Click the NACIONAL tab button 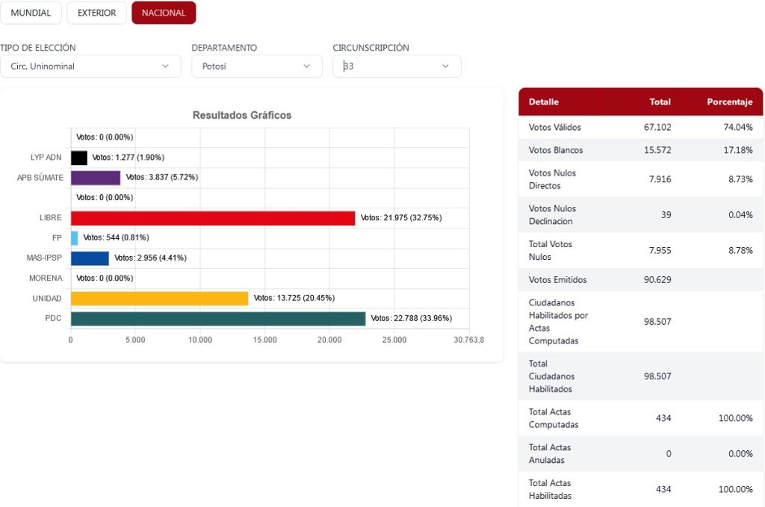pos(164,13)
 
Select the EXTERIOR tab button pos(96,13)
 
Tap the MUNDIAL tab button pos(31,13)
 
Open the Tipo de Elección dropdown pos(90,66)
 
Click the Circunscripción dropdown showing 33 pos(397,66)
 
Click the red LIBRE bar pos(213,218)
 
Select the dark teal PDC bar pos(218,319)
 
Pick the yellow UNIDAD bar pos(159,299)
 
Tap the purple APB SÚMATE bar pos(96,178)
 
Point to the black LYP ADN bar pos(79,158)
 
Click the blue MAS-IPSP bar pos(90,258)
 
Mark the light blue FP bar pos(74,238)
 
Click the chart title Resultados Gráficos pos(242,116)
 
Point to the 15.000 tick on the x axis pos(265,340)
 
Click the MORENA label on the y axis pos(46,279)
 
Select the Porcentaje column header pos(729,102)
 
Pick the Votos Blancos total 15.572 pos(657,150)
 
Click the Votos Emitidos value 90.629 pos(657,280)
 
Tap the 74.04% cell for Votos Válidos pos(737,128)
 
